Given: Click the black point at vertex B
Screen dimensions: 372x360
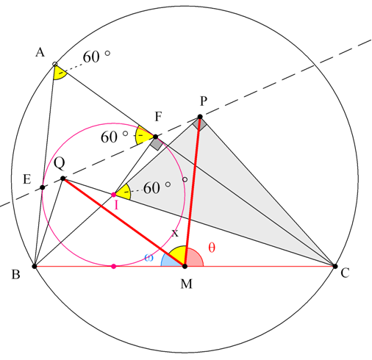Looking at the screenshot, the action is pyautogui.click(x=35, y=266).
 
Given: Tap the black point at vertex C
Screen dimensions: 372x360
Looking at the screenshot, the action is pyautogui.click(x=335, y=266).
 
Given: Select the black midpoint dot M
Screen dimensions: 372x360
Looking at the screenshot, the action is pyautogui.click(x=185, y=266).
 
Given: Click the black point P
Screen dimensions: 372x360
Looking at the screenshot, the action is pyautogui.click(x=200, y=117).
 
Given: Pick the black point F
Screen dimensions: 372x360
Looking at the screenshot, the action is pyautogui.click(x=155, y=137).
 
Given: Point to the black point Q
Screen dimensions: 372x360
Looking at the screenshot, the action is pyautogui.click(x=63, y=179).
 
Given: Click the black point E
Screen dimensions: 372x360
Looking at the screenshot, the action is pyautogui.click(x=43, y=187).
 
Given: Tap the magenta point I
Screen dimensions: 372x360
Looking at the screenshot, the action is pyautogui.click(x=113, y=195).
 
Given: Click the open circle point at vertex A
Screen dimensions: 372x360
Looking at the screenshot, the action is pyautogui.click(x=55, y=64).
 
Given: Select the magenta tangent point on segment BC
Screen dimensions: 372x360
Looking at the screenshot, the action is pyautogui.click(x=113, y=266).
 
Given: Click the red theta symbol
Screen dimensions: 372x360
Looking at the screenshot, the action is pyautogui.click(x=212, y=247).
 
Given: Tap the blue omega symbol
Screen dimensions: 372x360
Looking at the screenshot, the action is pyautogui.click(x=149, y=258).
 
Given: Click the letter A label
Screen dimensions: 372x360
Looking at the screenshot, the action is pyautogui.click(x=40, y=52).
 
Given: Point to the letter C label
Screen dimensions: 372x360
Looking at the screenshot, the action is pyautogui.click(x=345, y=273).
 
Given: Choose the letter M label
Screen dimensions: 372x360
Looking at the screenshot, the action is pyautogui.click(x=187, y=284).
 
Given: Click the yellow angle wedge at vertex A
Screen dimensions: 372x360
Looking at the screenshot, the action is pyautogui.click(x=59, y=73).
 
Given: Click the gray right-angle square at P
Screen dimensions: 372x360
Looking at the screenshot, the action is pyautogui.click(x=200, y=124).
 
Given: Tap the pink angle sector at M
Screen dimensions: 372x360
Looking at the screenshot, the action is pyautogui.click(x=194, y=258).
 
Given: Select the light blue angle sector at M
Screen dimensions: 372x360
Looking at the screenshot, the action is pyautogui.click(x=170, y=262).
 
